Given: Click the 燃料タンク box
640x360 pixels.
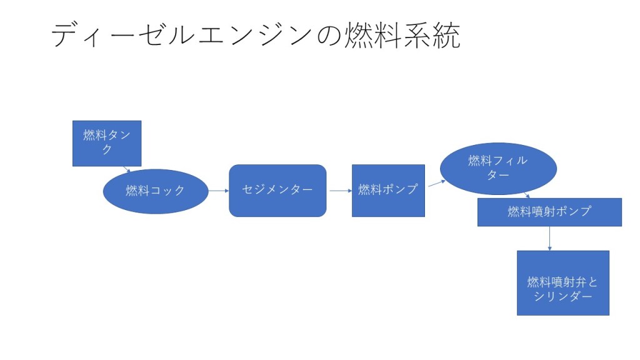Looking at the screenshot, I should point(107,143).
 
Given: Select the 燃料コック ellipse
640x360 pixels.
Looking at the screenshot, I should point(155,191).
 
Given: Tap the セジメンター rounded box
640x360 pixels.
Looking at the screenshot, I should point(277,191).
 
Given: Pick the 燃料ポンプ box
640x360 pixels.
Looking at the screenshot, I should point(388,191).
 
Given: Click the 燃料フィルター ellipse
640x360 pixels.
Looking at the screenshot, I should point(498,167).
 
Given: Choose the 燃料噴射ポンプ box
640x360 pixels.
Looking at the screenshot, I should point(549,212).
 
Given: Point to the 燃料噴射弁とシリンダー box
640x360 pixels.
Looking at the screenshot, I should point(562,283).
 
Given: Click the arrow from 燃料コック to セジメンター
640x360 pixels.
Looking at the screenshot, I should point(218,191).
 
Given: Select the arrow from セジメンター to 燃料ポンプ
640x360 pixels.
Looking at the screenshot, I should point(339,191).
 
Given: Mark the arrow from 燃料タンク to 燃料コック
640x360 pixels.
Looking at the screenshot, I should point(127,169).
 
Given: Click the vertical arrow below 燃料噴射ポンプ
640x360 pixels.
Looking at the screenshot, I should point(550,238).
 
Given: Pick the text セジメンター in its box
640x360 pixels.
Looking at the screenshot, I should point(277,189).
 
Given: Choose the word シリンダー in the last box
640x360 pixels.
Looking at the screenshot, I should point(562,296).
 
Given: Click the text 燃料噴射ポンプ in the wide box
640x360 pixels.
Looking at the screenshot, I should point(549,212).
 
